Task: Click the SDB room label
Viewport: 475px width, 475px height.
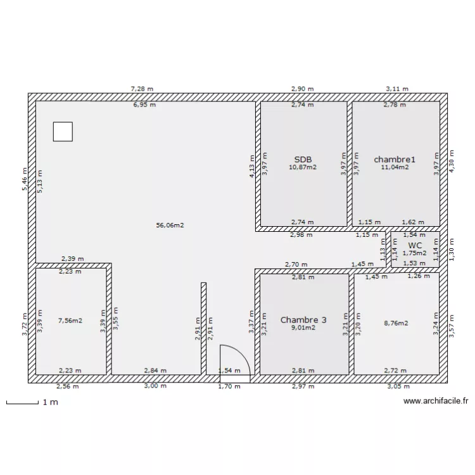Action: tap(303, 160)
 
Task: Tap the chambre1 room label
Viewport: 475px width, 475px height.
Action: tap(395, 160)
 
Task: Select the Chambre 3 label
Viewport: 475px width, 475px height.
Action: tap(303, 320)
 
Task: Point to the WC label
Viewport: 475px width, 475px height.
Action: tap(415, 245)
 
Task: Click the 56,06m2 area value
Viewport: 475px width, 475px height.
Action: tap(170, 225)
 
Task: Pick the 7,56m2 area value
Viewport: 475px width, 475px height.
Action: tap(70, 320)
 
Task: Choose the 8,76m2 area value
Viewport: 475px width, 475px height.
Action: tap(396, 323)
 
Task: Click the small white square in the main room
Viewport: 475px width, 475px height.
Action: tap(63, 132)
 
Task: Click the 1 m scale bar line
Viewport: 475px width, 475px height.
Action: tap(22, 403)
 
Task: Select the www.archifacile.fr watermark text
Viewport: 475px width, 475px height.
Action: tap(436, 401)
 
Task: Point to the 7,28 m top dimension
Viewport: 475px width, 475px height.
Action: tap(142, 89)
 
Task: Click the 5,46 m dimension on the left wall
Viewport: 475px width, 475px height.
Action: tap(25, 179)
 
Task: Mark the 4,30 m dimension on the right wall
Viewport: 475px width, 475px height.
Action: tap(452, 161)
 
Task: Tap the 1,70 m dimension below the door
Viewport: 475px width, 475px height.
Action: tap(229, 386)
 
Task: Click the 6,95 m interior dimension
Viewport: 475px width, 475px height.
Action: tap(145, 104)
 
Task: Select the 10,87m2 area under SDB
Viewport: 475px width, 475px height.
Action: tap(303, 167)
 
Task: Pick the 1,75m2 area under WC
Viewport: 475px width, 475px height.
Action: tap(414, 253)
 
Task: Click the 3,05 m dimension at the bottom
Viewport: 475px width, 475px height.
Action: tap(398, 386)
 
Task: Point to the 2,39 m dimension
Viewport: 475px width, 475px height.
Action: tap(73, 259)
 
